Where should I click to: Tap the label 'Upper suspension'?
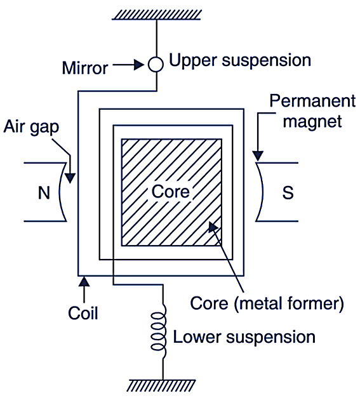pyautogui.click(x=239, y=61)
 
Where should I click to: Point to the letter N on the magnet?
pyautogui.click(x=43, y=192)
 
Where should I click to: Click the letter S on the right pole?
pyautogui.click(x=288, y=192)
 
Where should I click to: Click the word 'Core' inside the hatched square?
pyautogui.click(x=170, y=190)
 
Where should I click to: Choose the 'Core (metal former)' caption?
pyautogui.click(x=267, y=303)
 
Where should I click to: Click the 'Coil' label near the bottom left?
pyautogui.click(x=83, y=313)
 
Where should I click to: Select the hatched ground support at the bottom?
pyautogui.click(x=163, y=385)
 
